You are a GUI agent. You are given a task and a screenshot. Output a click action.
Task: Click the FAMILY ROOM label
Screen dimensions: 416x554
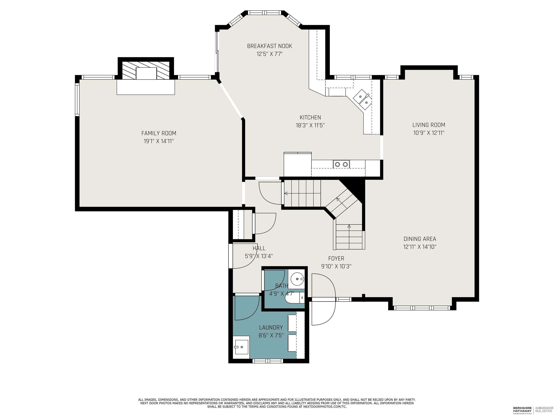coord(159,133)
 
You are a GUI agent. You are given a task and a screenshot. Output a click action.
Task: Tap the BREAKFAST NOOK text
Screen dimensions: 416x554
coord(269,46)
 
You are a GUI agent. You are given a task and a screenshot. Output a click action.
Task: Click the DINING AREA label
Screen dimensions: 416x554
coord(420,239)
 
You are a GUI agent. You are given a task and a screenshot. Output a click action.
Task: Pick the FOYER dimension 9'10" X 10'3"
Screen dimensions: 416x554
coord(336,266)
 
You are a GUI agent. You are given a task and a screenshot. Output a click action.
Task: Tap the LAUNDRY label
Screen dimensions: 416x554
coord(271,328)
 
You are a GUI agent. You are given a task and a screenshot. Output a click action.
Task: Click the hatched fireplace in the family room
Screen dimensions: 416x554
coord(146,70)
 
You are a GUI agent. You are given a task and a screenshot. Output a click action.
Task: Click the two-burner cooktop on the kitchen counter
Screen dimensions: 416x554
coord(341,164)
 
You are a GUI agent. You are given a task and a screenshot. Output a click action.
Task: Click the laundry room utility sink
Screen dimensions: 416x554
coord(241,347)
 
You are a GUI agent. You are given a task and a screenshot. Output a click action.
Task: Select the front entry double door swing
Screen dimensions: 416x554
coord(323,300)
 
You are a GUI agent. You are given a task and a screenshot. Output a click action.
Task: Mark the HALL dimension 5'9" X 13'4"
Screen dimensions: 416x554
coord(259,256)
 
